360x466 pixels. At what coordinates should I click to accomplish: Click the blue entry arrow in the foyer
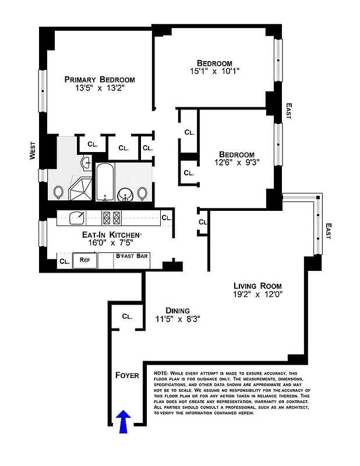[x=123, y=421]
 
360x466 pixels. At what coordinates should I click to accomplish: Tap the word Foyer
[x=126, y=375]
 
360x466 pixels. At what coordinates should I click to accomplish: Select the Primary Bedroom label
[x=100, y=80]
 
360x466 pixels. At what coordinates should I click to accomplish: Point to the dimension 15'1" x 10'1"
[x=214, y=72]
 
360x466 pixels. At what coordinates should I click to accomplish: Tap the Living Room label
[x=257, y=286]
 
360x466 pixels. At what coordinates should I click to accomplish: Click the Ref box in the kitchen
[x=84, y=261]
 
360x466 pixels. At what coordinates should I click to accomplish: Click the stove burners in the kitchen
[x=111, y=218]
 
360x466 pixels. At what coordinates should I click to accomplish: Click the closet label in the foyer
[x=127, y=316]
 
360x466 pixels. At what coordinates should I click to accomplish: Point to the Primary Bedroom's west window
[x=42, y=90]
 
